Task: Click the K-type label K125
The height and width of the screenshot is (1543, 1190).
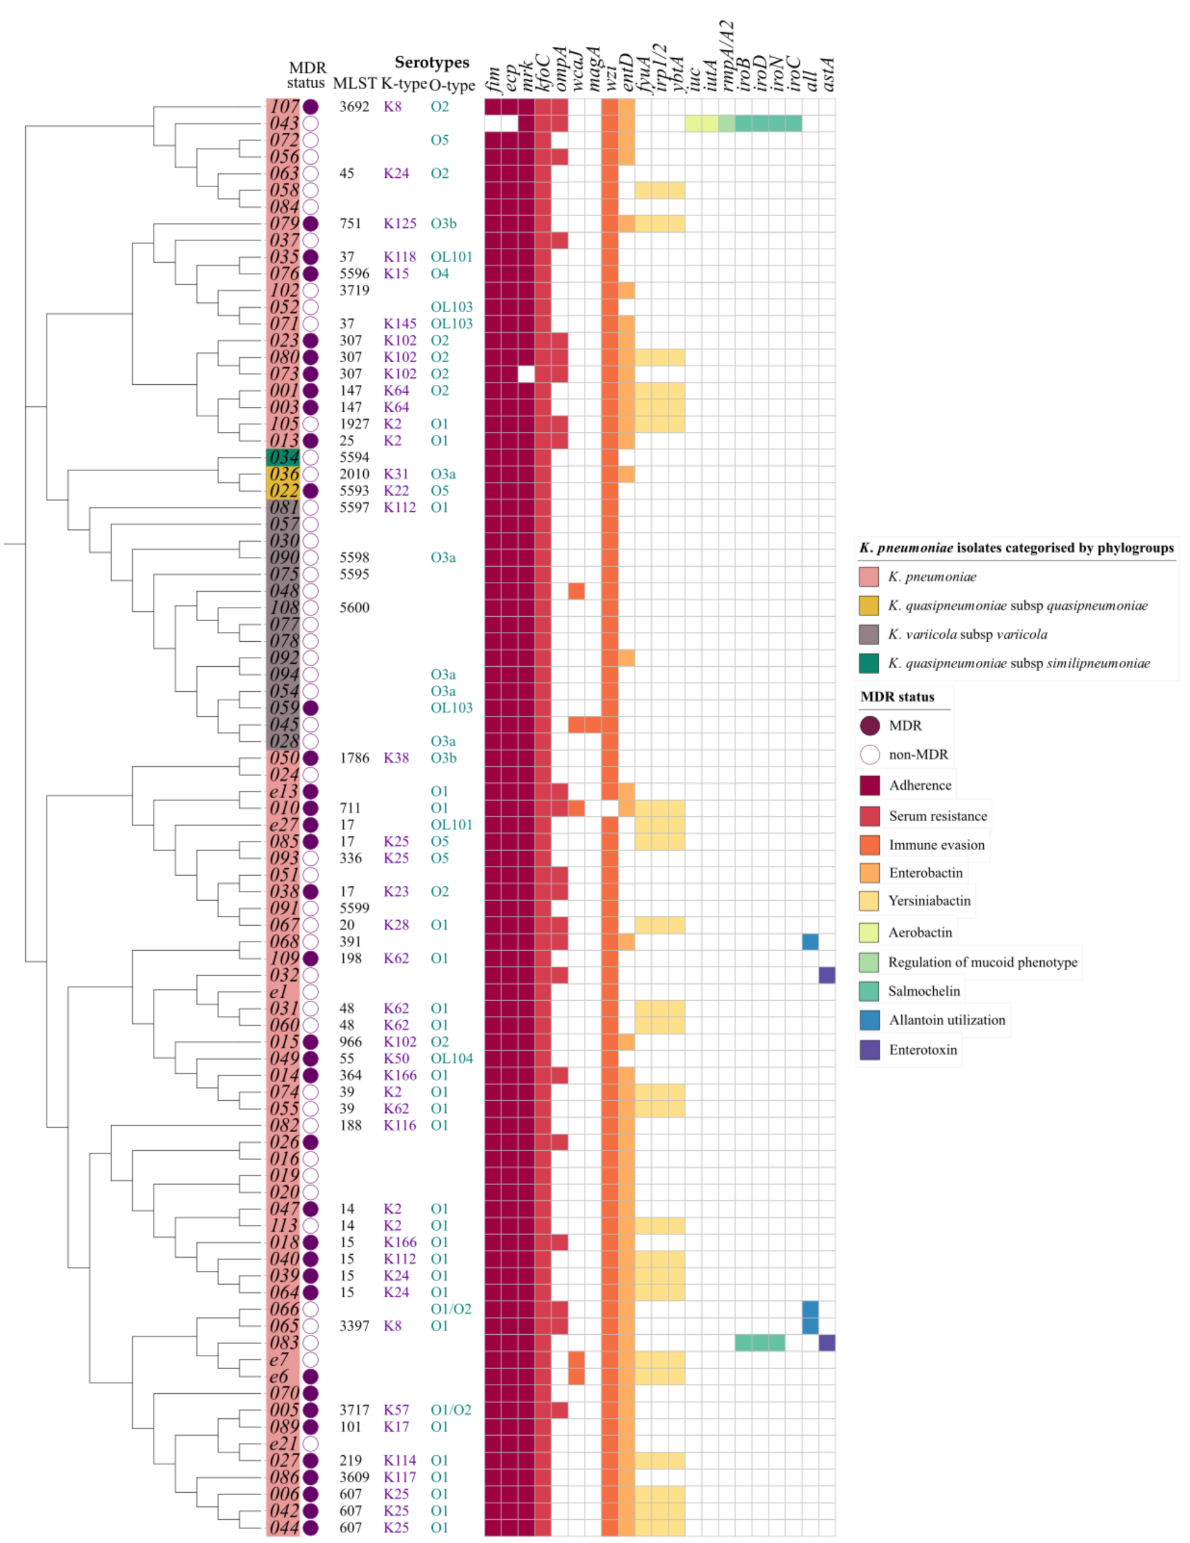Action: pyautogui.click(x=400, y=223)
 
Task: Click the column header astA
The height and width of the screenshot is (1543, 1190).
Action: pyautogui.click(x=828, y=74)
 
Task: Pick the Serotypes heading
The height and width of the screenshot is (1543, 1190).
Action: pyautogui.click(x=432, y=62)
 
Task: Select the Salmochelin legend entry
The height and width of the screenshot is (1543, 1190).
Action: pyautogui.click(x=924, y=991)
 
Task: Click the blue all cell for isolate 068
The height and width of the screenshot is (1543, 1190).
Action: pyautogui.click(x=810, y=941)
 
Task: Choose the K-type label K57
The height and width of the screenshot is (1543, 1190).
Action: pyautogui.click(x=396, y=1409)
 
